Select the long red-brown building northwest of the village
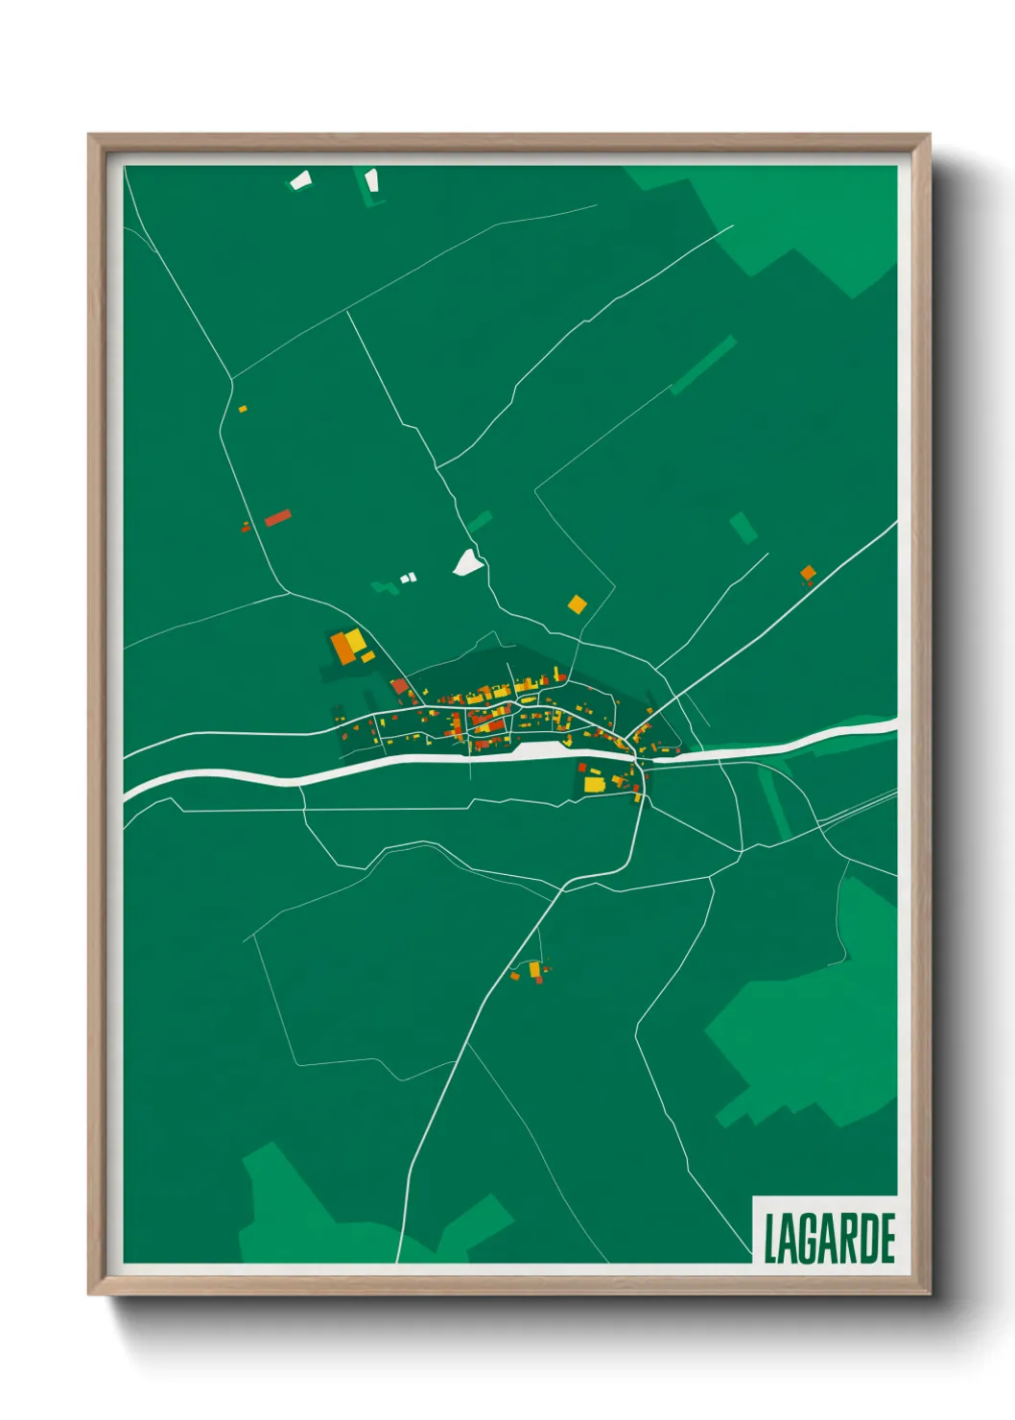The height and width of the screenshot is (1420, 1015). pos(277,518)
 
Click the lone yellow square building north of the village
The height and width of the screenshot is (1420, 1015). pos(577,603)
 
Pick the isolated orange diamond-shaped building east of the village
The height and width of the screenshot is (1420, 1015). pos(808,574)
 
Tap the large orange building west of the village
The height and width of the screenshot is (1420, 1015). pos(342,648)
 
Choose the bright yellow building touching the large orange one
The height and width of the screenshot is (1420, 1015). pos(356,639)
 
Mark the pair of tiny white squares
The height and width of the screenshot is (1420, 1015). pos(409,578)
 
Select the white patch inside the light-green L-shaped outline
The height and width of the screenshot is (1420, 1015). pos(371,179)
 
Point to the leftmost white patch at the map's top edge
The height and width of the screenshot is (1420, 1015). pos(301,179)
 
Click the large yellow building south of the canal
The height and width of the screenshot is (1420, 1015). pos(594,784)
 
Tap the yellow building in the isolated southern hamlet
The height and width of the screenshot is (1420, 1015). pos(534,969)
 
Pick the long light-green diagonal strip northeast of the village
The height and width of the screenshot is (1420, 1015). pos(703,365)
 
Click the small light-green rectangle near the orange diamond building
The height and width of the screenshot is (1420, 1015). pos(743,528)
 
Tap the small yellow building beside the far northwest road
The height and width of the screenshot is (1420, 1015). pos(243,409)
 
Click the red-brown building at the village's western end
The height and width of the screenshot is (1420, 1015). pos(400,685)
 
